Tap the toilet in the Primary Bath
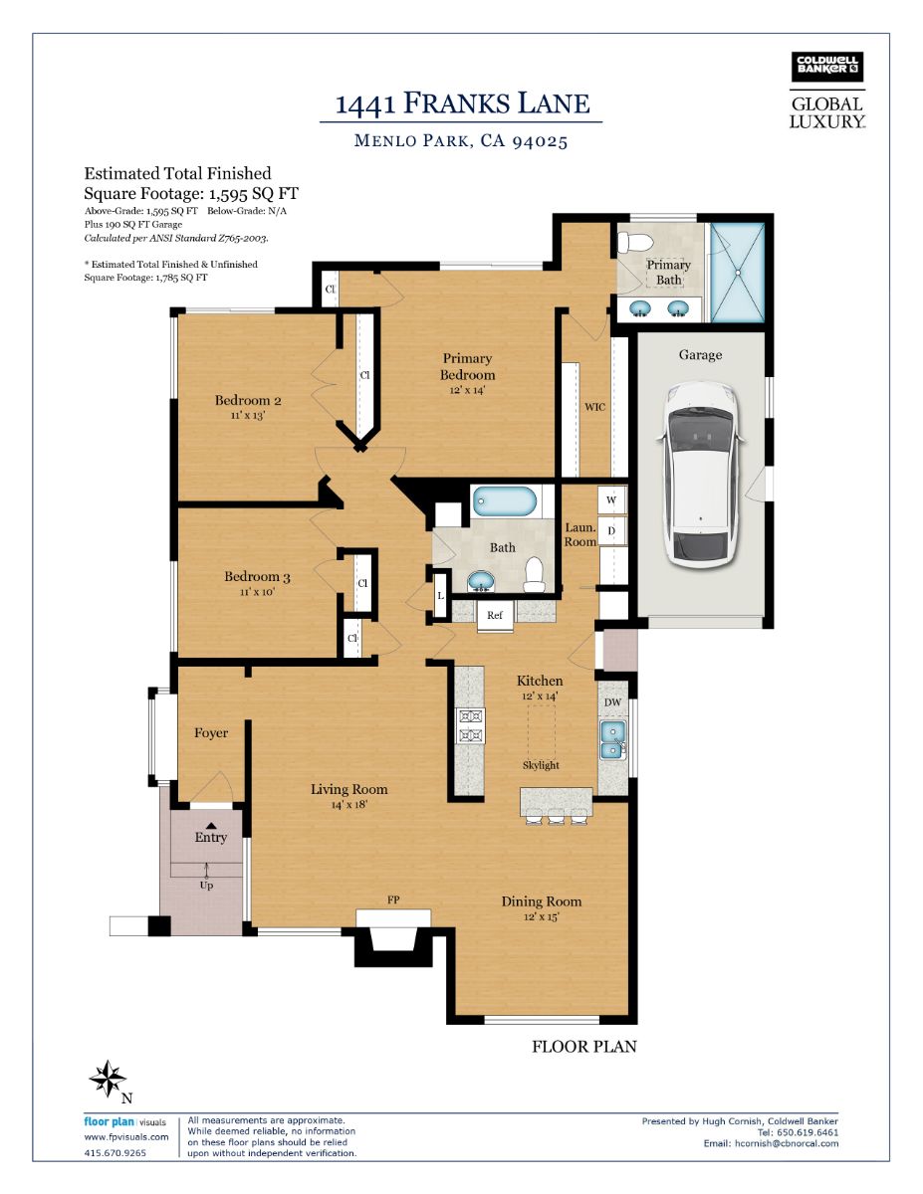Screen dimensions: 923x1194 [634, 241]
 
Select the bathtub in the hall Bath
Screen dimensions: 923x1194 [504, 500]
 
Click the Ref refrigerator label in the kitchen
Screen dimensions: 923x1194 [495, 615]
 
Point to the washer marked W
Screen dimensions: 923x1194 [611, 500]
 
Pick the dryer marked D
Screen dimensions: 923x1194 [611, 530]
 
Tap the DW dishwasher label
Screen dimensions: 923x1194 [613, 702]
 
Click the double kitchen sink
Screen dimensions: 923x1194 [613, 739]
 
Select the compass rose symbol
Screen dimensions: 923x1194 [109, 1079]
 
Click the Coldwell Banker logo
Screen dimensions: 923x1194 [826, 67]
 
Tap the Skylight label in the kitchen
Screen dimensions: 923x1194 [541, 765]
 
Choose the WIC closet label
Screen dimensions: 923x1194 [594, 407]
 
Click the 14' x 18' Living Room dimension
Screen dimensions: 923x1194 [349, 804]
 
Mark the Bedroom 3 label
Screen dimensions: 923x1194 [257, 576]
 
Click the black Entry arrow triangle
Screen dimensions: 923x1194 [210, 825]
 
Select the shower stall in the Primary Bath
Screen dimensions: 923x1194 [738, 272]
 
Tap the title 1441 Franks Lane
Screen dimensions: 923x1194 [462, 102]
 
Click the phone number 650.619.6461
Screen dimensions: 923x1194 [806, 1133]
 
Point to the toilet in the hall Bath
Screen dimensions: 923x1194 [534, 575]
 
